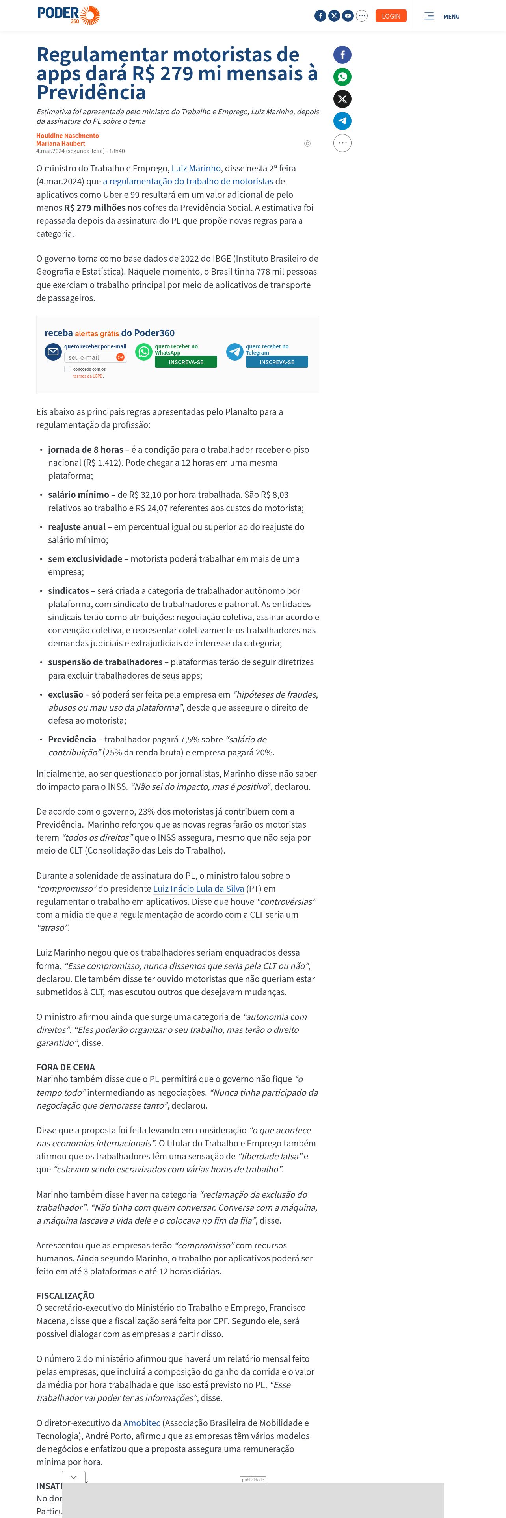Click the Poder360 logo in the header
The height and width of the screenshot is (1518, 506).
68,15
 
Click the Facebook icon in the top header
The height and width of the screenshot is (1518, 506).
320,16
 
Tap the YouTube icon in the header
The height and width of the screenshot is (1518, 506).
348,16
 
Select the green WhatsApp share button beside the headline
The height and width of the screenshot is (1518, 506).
342,76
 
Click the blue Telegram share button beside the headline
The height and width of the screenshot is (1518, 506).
342,121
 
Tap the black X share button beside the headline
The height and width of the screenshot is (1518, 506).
342,99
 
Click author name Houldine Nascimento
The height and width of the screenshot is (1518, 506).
67,136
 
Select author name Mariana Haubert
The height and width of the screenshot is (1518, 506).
61,143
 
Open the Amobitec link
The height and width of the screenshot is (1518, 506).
141,1423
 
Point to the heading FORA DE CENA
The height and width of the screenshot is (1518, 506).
65,1067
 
